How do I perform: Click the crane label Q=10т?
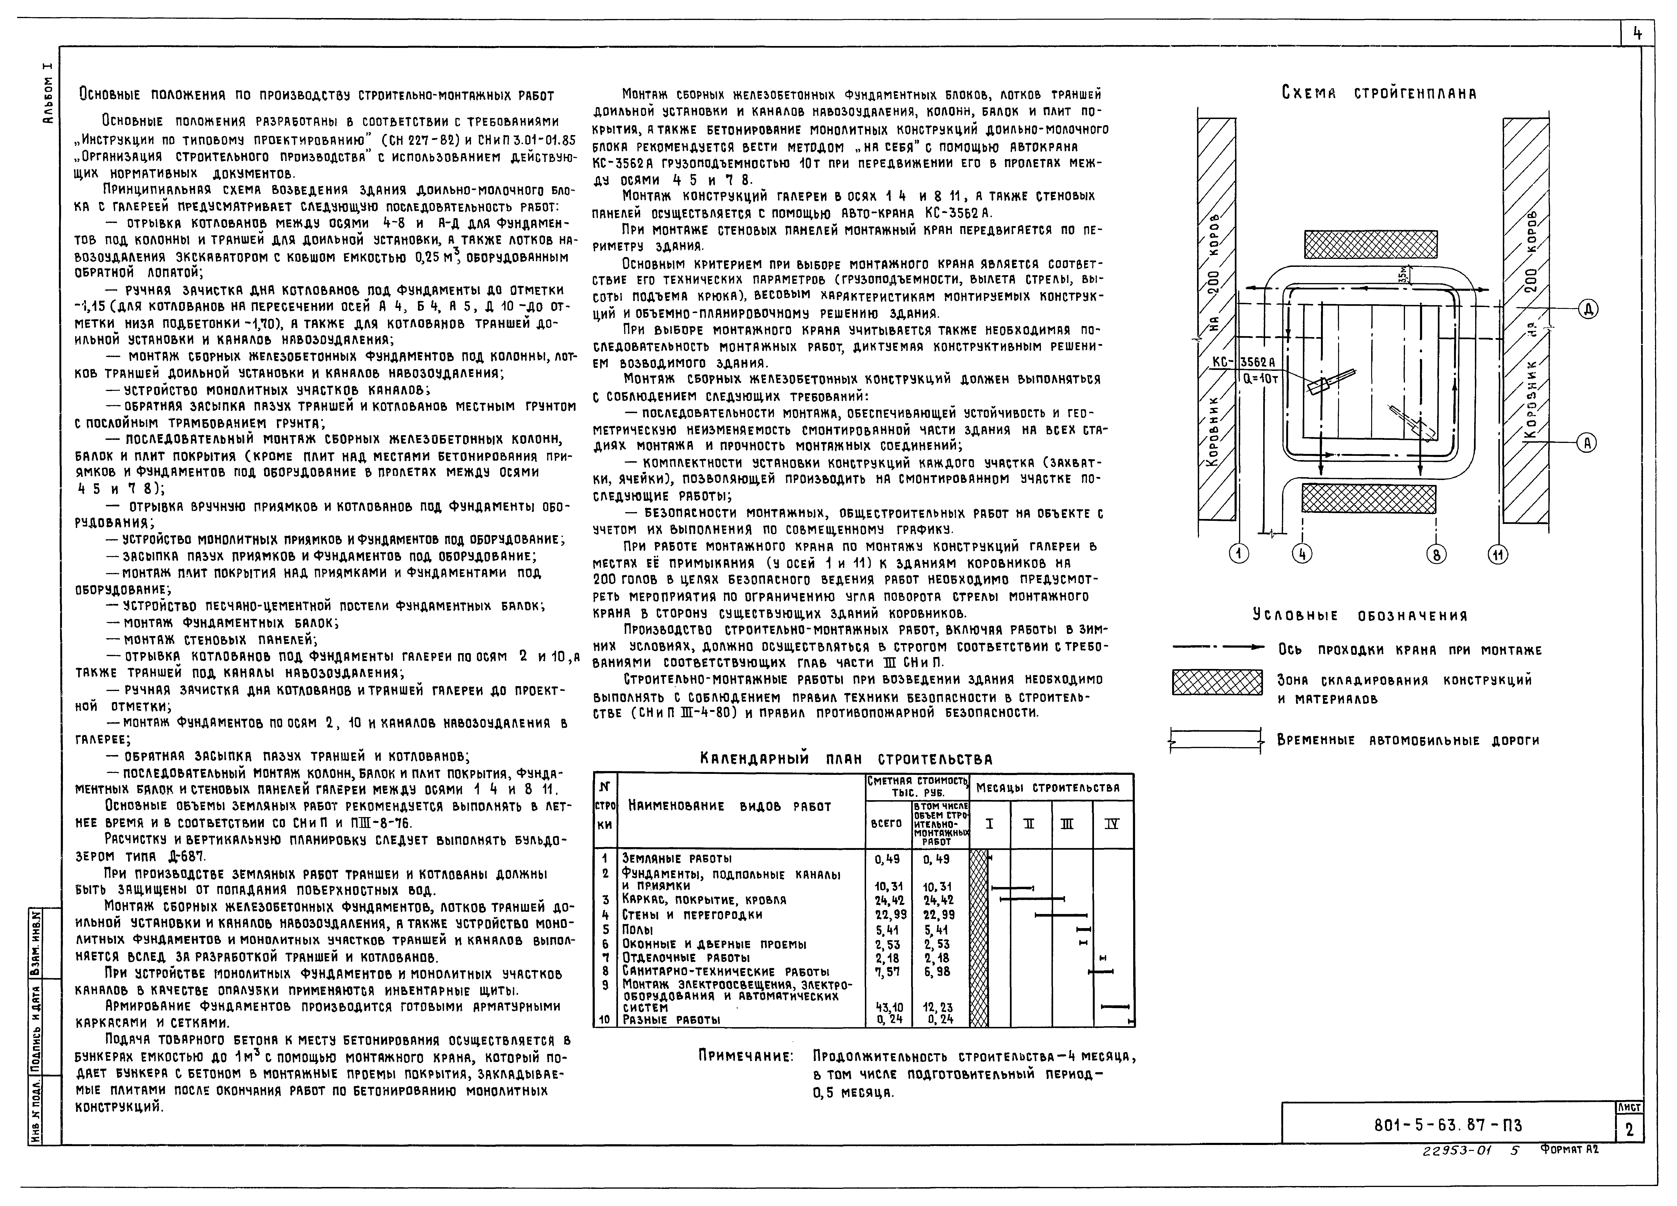[x=1261, y=378]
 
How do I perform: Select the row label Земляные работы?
[x=677, y=858]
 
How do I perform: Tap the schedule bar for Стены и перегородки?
[x=1060, y=915]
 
